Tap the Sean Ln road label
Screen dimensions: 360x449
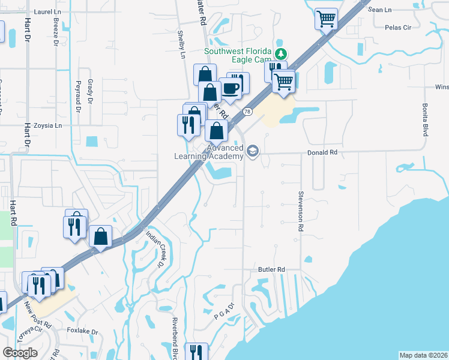click(x=379, y=10)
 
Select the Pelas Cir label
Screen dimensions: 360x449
click(x=398, y=28)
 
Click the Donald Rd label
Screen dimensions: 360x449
click(x=323, y=152)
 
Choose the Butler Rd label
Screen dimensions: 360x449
click(x=272, y=269)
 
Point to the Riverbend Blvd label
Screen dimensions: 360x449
click(x=176, y=338)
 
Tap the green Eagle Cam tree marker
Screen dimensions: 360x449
click(x=279, y=54)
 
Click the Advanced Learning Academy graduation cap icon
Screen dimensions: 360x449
click(x=253, y=151)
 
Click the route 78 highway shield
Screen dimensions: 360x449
click(x=247, y=112)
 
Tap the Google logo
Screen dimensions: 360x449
click(x=20, y=352)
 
